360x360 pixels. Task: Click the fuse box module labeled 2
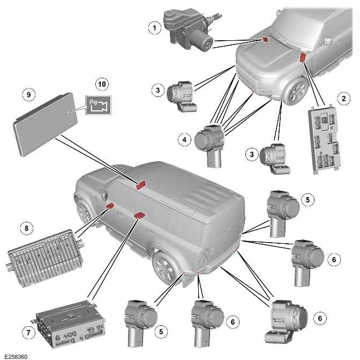(x=325, y=138)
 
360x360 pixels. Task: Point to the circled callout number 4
(x=184, y=140)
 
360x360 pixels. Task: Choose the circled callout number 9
(x=30, y=94)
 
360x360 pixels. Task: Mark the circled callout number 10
(x=101, y=84)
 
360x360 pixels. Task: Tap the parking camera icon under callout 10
(x=98, y=105)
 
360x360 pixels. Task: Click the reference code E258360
(x=16, y=356)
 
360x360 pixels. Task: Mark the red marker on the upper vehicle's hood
(x=265, y=39)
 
